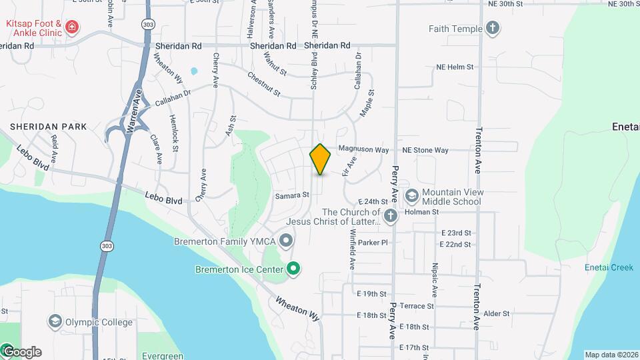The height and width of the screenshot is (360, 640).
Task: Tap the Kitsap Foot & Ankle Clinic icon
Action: point(71,28)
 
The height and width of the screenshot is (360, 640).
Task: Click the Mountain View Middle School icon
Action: point(411,195)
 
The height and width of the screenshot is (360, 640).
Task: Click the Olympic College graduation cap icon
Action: point(55,322)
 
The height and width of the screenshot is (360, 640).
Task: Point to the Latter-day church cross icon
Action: point(391,216)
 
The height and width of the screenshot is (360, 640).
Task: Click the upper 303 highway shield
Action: point(147,24)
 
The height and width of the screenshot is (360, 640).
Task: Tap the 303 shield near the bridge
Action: point(107,246)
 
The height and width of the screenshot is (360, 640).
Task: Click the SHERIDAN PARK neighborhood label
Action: point(48,126)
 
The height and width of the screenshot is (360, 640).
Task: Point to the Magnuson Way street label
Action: point(363,150)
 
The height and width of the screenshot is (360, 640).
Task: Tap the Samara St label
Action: point(293,195)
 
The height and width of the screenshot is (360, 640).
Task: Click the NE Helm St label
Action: point(455,67)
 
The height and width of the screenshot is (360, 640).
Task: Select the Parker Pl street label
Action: point(372,243)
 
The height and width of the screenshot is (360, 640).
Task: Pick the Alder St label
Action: point(497,313)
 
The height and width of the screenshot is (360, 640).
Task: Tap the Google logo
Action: point(21,352)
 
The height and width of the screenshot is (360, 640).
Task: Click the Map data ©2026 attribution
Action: point(611,355)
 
